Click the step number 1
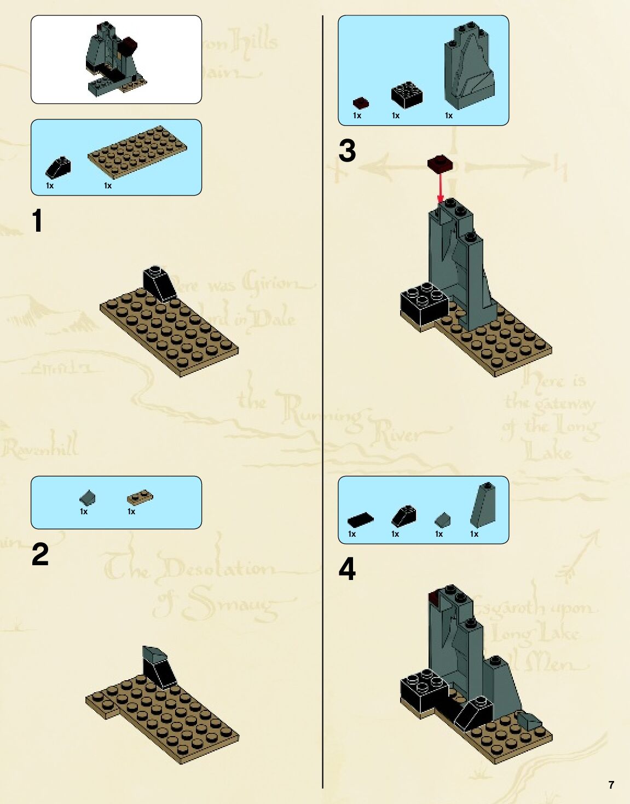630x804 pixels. click(37, 221)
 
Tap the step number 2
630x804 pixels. click(40, 554)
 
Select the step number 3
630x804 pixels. click(347, 151)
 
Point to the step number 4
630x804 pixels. click(347, 569)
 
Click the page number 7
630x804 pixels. click(611, 785)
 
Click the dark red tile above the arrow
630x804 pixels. click(440, 163)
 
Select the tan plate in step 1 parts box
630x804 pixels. click(137, 151)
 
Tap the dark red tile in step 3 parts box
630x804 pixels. click(360, 103)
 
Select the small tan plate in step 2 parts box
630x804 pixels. click(140, 498)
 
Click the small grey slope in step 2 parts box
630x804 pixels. click(87, 498)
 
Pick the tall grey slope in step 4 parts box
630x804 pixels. click(483, 505)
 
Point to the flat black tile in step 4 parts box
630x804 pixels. click(360, 519)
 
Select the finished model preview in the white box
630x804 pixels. click(115, 59)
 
